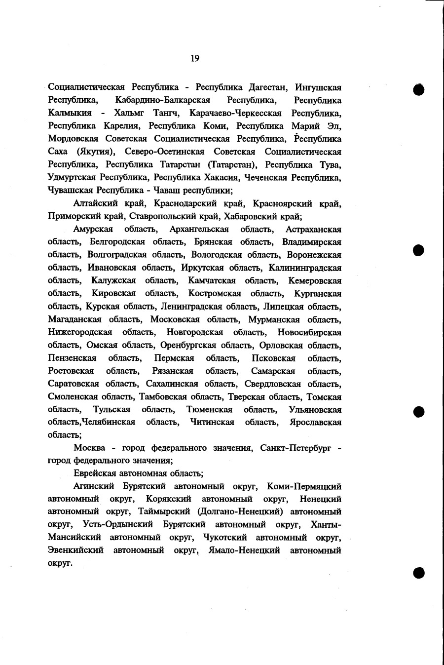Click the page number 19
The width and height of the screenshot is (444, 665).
(x=194, y=59)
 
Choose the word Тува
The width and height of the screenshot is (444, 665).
(x=330, y=164)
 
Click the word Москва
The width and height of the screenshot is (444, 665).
(x=89, y=448)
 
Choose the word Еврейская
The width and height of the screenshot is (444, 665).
(x=94, y=473)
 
